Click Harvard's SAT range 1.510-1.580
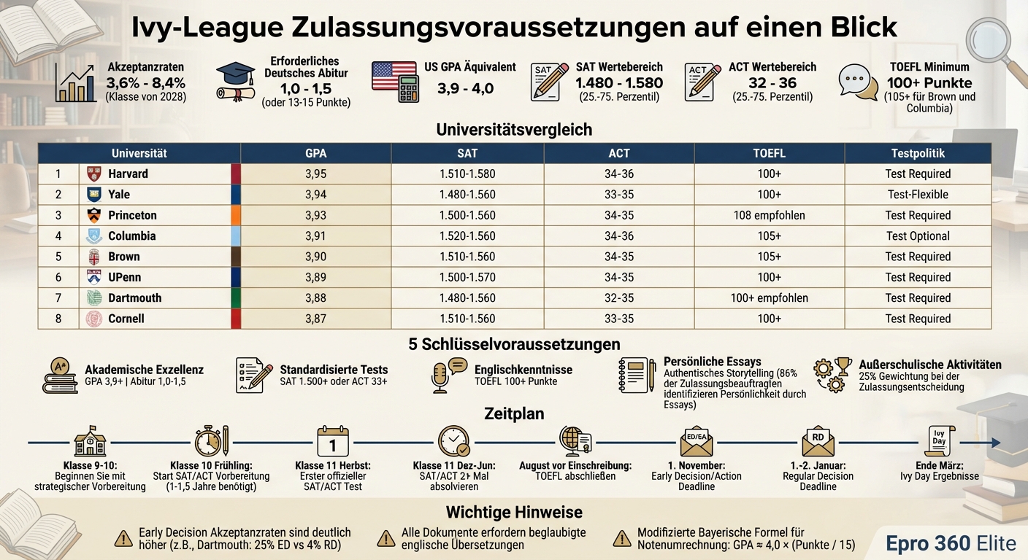(467, 174)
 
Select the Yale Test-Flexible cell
(918, 195)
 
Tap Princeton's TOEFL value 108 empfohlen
(770, 215)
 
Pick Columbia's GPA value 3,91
(315, 236)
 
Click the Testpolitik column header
(918, 153)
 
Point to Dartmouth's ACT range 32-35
(619, 298)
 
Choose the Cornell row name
(126, 319)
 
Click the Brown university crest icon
(94, 257)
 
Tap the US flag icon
(394, 76)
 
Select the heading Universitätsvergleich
(514, 130)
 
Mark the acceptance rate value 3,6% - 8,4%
(145, 82)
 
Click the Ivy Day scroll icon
(940, 440)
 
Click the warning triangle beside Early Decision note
(123, 539)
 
